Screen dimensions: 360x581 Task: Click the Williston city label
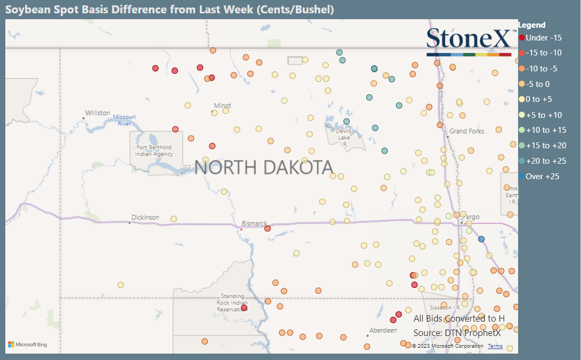click(x=98, y=113)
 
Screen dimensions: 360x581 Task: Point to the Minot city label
click(x=222, y=106)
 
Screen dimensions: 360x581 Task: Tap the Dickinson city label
click(x=145, y=218)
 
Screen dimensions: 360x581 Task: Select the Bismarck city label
click(x=254, y=223)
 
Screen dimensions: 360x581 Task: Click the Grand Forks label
click(x=466, y=131)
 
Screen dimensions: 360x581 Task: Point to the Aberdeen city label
click(x=383, y=331)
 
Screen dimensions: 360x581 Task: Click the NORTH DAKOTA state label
click(x=263, y=167)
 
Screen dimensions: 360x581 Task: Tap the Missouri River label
click(x=124, y=120)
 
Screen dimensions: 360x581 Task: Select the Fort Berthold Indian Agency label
click(x=155, y=151)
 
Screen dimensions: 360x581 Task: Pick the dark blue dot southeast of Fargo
click(x=481, y=239)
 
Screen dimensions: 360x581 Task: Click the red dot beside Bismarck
click(x=268, y=228)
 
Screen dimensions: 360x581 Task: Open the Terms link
click(x=495, y=346)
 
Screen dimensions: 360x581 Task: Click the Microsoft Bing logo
click(x=28, y=345)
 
